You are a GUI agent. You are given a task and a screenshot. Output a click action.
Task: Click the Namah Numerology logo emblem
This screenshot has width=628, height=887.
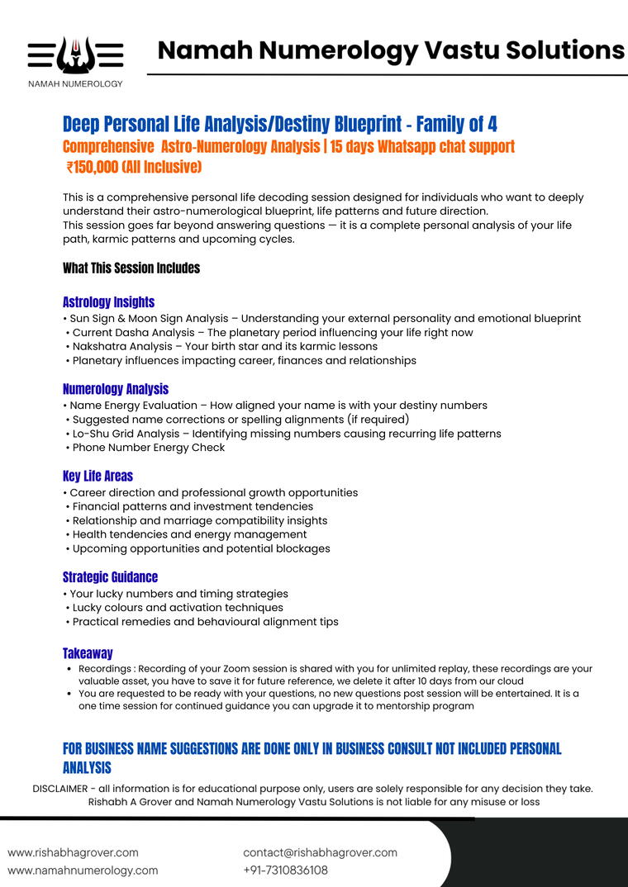point(75,55)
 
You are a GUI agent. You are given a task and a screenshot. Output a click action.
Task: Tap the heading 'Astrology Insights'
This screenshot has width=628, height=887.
point(108,302)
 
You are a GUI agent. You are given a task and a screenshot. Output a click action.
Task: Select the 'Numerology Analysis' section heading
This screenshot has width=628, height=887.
point(115,389)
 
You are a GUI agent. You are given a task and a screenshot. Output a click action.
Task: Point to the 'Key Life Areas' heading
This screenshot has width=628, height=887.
point(98,476)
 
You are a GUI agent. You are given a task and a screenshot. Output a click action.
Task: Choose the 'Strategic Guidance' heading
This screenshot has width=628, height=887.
point(110,577)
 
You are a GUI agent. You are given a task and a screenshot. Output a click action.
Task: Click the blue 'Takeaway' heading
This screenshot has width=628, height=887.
point(88,653)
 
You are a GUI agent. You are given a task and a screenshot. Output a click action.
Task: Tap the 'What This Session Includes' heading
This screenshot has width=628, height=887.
point(131,268)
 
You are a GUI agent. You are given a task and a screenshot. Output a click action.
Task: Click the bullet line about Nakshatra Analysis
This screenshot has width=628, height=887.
point(225,346)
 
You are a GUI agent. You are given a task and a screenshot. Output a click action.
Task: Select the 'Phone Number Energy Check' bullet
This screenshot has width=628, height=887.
point(149,448)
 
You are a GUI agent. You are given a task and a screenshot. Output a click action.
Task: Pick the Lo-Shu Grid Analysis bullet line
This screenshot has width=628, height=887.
point(286,434)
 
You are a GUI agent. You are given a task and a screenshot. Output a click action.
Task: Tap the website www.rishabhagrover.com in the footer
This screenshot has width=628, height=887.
point(73,852)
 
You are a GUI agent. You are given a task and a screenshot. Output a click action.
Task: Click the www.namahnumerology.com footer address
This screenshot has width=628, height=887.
point(83,870)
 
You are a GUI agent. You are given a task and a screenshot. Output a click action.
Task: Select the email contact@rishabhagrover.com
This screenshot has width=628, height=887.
point(320,852)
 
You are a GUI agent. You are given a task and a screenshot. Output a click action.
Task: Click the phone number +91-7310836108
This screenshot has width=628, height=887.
point(285,870)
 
